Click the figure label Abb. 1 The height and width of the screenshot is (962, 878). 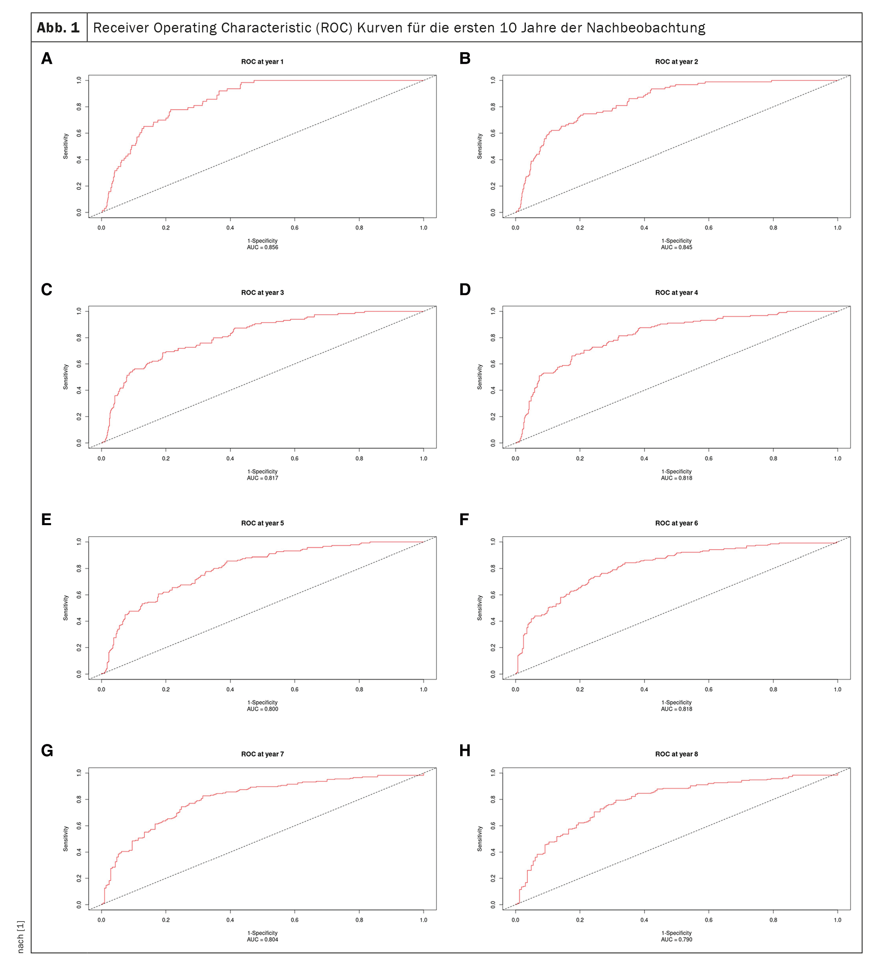click(x=58, y=28)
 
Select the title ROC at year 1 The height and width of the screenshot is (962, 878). click(x=262, y=62)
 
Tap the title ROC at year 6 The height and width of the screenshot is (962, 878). click(x=676, y=523)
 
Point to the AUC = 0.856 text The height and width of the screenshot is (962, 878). click(x=262, y=247)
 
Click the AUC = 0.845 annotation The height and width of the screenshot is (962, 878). click(x=676, y=247)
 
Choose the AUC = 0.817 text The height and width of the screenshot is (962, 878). click(x=262, y=478)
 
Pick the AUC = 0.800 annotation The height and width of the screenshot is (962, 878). click(x=262, y=709)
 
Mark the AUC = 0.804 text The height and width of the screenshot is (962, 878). click(x=262, y=939)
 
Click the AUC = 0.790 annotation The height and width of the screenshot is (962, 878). click(x=676, y=939)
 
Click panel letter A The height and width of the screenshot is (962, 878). click(x=47, y=59)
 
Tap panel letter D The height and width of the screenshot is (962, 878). click(x=465, y=290)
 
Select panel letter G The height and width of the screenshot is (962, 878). click(x=47, y=751)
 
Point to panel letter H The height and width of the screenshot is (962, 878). click(x=465, y=751)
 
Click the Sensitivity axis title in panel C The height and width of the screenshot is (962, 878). click(x=66, y=377)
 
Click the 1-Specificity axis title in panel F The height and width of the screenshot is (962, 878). click(x=676, y=702)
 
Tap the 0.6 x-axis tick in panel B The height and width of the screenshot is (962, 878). click(x=709, y=228)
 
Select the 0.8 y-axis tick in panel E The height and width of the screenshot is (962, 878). click(x=79, y=568)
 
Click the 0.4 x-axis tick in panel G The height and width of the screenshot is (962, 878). click(x=230, y=920)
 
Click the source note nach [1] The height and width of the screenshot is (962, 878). click(x=21, y=937)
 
